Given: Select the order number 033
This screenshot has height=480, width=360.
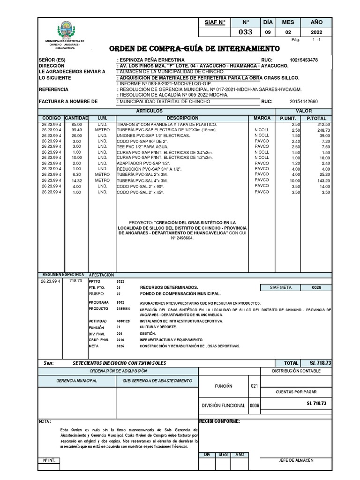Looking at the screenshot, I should tap(246, 32).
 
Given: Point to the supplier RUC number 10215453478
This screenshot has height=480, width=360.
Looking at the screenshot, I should tap(303, 60).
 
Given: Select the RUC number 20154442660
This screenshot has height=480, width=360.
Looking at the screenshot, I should tap(303, 101).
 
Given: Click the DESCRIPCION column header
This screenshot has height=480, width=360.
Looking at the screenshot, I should tap(183, 118).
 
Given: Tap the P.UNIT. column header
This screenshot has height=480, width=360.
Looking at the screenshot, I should tap(288, 118).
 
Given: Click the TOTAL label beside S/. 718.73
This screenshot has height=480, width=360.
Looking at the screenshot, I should tap(291, 363).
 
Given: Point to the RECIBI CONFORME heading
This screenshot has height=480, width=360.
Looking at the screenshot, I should tap(219, 421).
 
